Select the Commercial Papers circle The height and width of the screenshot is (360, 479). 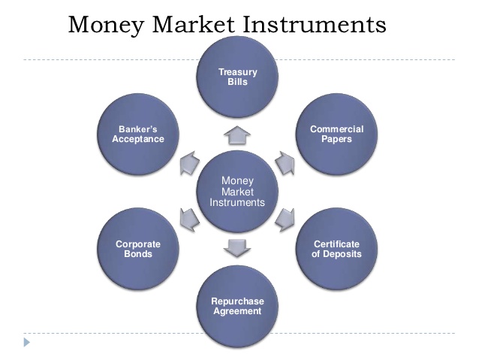pyautogui.click(x=336, y=135)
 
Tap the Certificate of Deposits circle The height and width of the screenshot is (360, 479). pyautogui.click(x=336, y=249)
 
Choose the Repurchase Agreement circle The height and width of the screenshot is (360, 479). pyautogui.click(x=237, y=306)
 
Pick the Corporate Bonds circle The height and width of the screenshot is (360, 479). pyautogui.click(x=138, y=249)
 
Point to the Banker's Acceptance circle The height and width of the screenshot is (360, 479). pyautogui.click(x=138, y=135)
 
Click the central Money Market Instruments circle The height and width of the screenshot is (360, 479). pyautogui.click(x=237, y=192)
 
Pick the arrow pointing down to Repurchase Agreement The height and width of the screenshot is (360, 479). pyautogui.click(x=237, y=247)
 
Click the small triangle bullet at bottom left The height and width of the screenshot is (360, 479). pyautogui.click(x=28, y=343)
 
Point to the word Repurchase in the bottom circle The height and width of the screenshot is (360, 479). pyautogui.click(x=237, y=301)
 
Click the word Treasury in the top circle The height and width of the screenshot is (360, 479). pyautogui.click(x=237, y=72)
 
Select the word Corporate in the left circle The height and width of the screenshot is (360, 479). pyautogui.click(x=138, y=244)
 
